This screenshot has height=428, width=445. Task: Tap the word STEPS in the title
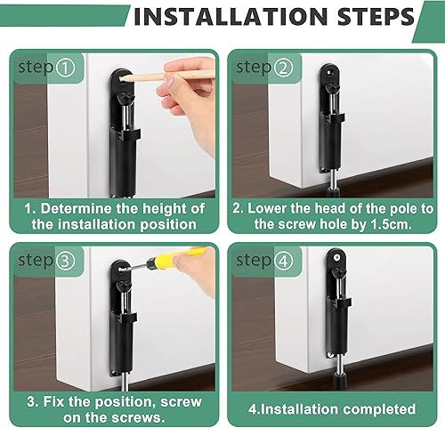click(x=376, y=17)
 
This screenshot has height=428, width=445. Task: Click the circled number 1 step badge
click(x=66, y=68)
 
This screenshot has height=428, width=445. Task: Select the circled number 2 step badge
click(x=283, y=68)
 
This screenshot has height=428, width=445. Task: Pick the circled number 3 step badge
click(x=66, y=261)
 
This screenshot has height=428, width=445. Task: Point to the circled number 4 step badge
click(x=283, y=262)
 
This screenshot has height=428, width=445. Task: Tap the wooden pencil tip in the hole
click(x=123, y=79)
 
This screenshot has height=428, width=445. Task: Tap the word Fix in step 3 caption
click(x=54, y=401)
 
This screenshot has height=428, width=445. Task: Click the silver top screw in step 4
click(x=336, y=258)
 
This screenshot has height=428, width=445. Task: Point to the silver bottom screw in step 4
click(x=330, y=355)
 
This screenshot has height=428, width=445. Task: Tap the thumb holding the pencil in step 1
click(x=166, y=87)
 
